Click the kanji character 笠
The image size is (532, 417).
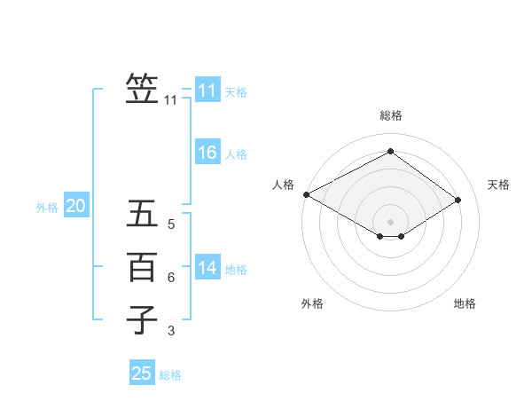point(142,90)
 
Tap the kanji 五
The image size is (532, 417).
point(142,216)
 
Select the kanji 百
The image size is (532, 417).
point(142,267)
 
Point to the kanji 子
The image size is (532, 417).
point(142,319)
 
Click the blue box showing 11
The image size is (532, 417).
point(207,90)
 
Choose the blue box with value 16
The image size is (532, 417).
point(207,153)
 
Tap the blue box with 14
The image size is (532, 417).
point(207,268)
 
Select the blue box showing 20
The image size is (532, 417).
point(75,206)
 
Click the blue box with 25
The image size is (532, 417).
point(142,374)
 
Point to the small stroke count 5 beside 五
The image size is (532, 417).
point(171,225)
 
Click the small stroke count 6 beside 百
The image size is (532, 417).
point(171,278)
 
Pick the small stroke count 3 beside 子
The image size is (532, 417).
point(171,331)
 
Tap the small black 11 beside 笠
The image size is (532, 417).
point(171,100)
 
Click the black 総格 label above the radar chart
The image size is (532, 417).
point(390,115)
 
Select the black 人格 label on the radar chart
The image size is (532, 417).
point(283,185)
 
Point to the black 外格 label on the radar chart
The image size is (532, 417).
point(312,303)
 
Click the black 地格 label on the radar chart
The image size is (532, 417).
point(465,303)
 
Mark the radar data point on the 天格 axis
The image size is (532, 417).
point(458,200)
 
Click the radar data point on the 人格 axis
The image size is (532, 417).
point(306,194)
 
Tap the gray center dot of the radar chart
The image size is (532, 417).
point(390,221)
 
